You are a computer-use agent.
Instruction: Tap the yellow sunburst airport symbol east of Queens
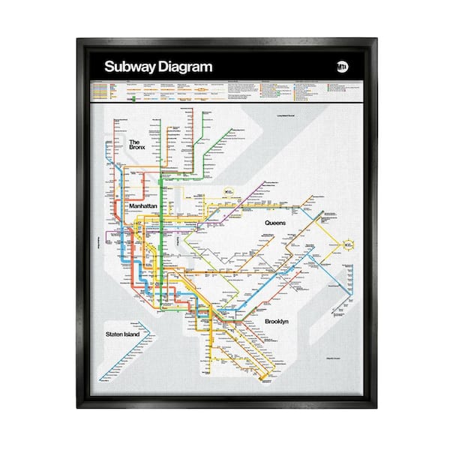coord(349,244)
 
